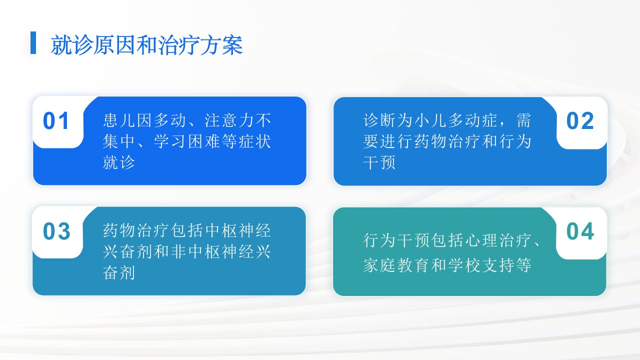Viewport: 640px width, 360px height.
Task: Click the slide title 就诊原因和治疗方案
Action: coord(147,45)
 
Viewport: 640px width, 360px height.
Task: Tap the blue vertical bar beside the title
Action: coord(33,42)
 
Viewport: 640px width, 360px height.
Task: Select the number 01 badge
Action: coord(55,121)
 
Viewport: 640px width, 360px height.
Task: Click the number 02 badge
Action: coord(580,121)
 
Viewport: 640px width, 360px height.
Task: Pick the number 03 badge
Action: coord(56,231)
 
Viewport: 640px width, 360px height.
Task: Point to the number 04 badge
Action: coord(580,231)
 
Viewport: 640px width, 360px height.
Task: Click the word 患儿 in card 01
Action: coord(119,120)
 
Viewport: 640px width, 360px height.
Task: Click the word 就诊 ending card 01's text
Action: coord(119,162)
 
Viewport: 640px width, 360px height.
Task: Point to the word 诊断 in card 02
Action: coord(379,120)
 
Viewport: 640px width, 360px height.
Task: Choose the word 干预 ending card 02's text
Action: coord(379,162)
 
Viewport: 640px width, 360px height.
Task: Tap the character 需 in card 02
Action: coord(523,120)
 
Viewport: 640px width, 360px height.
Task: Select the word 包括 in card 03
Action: coord(187,230)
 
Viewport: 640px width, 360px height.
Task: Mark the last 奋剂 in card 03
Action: coord(119,272)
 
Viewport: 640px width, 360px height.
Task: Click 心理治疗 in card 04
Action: coord(498,240)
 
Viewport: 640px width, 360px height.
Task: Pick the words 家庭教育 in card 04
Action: coord(396,265)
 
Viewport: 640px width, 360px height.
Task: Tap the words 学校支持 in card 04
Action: coord(481,265)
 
